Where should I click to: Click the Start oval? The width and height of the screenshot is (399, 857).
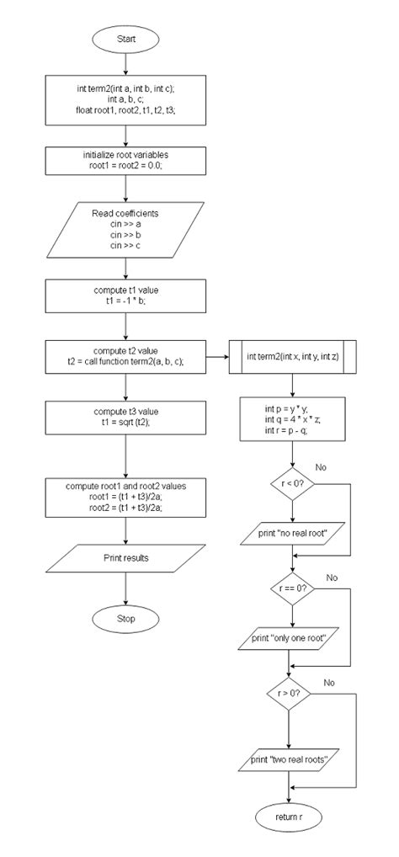pos(125,39)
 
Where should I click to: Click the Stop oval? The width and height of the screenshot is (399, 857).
pos(125,619)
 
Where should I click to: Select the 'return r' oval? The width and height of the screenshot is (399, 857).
pos(290,817)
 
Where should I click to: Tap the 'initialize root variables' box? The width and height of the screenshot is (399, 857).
pos(125,160)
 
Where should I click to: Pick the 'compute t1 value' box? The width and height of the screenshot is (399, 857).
pos(125,295)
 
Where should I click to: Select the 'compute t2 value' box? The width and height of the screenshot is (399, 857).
pos(125,356)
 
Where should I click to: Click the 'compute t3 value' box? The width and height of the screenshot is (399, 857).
pos(125,417)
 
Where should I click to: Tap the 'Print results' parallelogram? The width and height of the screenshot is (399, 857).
pos(125,557)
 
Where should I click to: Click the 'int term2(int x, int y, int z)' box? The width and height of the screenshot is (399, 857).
pos(291,356)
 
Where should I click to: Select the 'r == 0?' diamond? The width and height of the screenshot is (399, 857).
pos(291,588)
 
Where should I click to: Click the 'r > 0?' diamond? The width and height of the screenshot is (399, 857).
pos(291,693)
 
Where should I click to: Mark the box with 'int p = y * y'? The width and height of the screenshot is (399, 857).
pos(291,420)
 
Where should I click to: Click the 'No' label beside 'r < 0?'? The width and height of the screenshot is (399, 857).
pos(320,466)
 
